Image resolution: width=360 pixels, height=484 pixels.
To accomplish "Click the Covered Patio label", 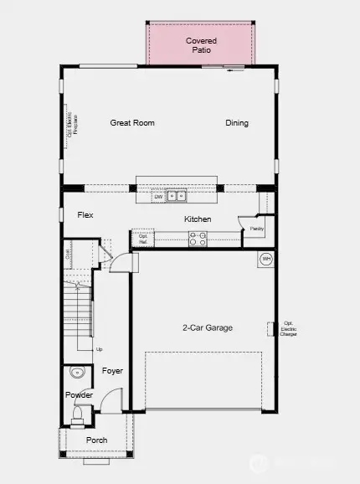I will pyautogui.click(x=201, y=45).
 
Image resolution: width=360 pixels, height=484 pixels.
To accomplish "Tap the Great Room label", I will pyautogui.click(x=132, y=123).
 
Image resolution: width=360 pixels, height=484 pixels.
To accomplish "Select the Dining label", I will pyautogui.click(x=237, y=123).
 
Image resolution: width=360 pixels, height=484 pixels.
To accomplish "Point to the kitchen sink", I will pyautogui.click(x=176, y=198).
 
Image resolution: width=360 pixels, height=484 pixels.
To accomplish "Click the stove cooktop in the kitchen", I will pyautogui.click(x=198, y=239).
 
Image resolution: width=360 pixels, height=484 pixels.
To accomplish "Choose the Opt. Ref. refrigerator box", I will pyautogui.click(x=142, y=239).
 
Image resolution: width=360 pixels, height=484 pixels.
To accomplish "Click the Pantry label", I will pyautogui.click(x=256, y=228).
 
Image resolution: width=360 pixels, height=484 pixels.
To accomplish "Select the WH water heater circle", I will pyautogui.click(x=266, y=260).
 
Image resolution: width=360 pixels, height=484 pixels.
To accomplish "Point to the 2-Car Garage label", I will pyautogui.click(x=208, y=327).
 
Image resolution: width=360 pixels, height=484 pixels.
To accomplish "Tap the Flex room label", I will pyautogui.click(x=85, y=215).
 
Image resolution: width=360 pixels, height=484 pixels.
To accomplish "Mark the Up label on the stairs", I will pyautogui.click(x=99, y=349).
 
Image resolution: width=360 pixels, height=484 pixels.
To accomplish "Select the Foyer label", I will pyautogui.click(x=112, y=370).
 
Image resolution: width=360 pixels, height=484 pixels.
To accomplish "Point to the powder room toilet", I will pyautogui.click(x=77, y=414).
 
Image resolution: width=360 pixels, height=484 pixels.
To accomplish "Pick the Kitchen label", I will pyautogui.click(x=198, y=219).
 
